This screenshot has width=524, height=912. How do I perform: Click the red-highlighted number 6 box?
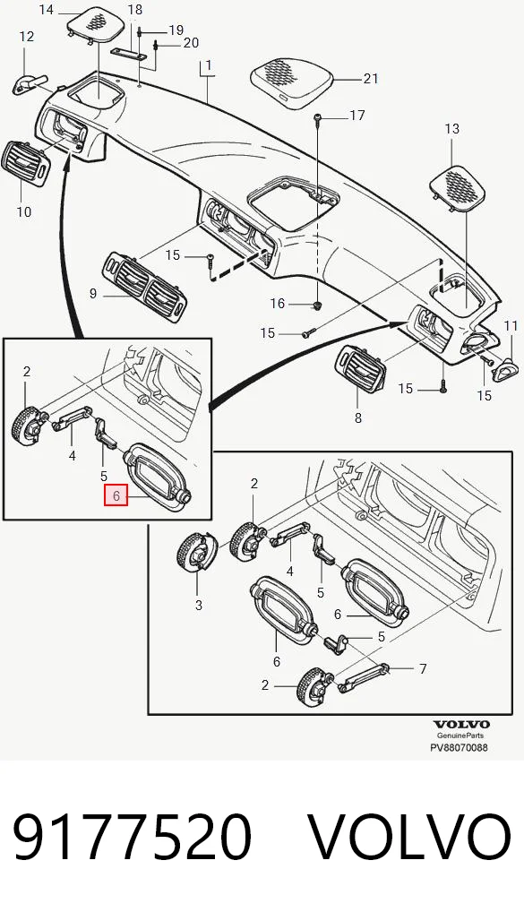click(x=116, y=495)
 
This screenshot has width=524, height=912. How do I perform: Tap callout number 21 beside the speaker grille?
click(x=371, y=79)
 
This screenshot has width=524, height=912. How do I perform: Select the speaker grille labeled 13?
click(x=459, y=187)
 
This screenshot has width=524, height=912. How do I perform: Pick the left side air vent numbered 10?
click(x=26, y=163)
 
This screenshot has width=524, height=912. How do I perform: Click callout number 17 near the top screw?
click(x=357, y=116)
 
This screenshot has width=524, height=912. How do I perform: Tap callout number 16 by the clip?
click(x=278, y=303)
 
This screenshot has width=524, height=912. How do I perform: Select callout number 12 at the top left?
click(x=27, y=37)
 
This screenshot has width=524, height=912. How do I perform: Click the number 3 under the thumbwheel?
click(x=198, y=605)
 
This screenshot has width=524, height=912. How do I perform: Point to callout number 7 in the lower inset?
click(x=423, y=669)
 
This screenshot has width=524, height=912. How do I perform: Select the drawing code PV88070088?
click(x=459, y=747)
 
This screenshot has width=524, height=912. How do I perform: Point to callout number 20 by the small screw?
click(x=191, y=42)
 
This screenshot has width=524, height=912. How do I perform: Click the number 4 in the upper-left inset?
click(x=73, y=455)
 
